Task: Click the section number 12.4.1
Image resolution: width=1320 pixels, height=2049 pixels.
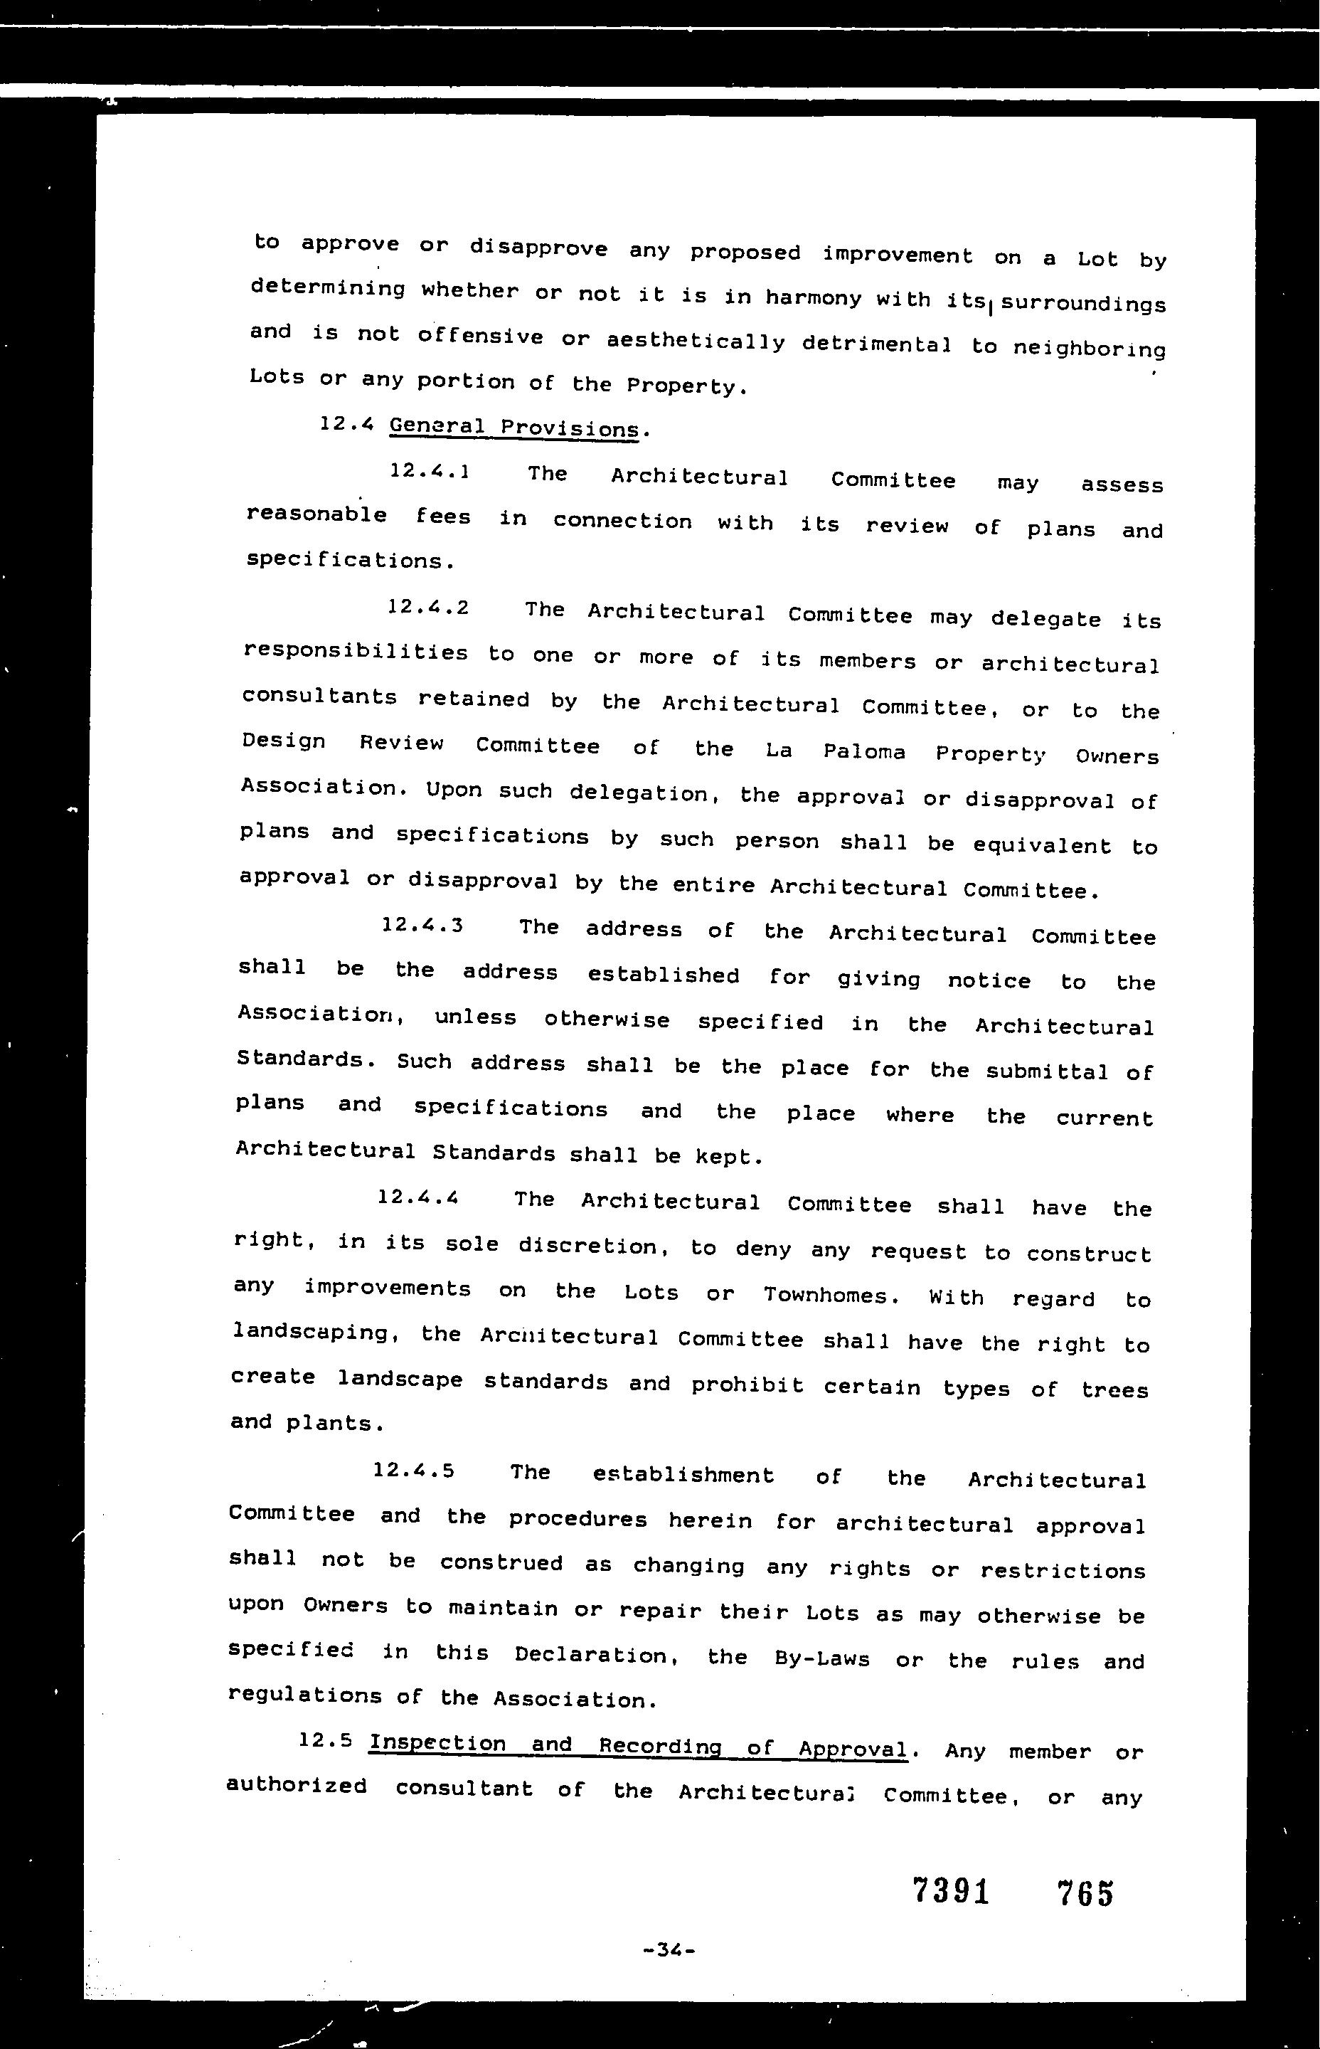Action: (x=429, y=472)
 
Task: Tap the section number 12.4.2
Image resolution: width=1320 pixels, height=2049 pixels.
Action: (x=427, y=608)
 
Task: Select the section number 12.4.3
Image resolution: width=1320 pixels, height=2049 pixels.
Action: (x=422, y=925)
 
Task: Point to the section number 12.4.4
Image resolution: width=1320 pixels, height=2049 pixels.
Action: (x=418, y=1197)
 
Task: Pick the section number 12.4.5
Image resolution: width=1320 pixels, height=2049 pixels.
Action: (x=414, y=1471)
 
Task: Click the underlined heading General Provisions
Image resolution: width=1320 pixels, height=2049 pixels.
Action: (x=514, y=428)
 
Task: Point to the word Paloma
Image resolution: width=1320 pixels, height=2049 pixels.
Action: (x=864, y=752)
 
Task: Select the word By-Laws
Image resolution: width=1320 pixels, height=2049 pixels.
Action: (x=821, y=1659)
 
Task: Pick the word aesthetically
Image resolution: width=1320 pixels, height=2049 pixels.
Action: (x=695, y=342)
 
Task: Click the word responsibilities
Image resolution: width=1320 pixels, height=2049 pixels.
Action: (x=356, y=653)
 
